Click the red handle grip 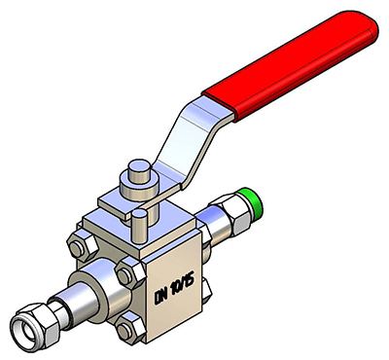pyautogui.click(x=290, y=66)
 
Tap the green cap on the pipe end pyautogui.click(x=254, y=203)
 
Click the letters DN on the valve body pyautogui.click(x=161, y=295)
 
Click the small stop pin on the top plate pyautogui.click(x=140, y=226)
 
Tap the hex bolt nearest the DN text pyautogui.click(x=130, y=273)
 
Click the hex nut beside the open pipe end pyautogui.click(x=35, y=324)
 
